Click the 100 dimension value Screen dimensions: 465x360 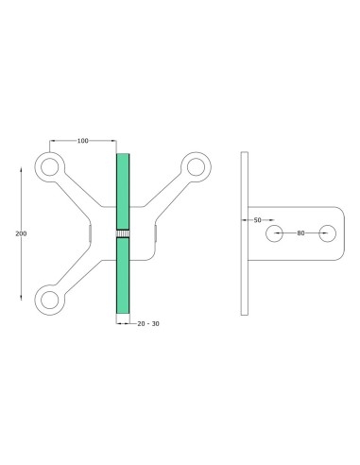(x=83, y=141)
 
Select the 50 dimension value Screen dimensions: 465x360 (x=258, y=219)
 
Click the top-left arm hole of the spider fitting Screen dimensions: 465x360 (x=46, y=166)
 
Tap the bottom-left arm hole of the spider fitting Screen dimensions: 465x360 (x=46, y=300)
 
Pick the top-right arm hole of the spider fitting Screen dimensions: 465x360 (x=197, y=166)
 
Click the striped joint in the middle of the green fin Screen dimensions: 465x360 (x=122, y=232)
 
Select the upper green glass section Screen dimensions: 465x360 (x=122, y=189)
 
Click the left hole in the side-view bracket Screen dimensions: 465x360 (x=275, y=232)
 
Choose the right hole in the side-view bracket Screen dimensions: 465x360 (x=328, y=232)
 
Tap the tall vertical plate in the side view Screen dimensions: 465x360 (x=244, y=232)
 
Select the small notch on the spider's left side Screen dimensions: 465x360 (x=91, y=232)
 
